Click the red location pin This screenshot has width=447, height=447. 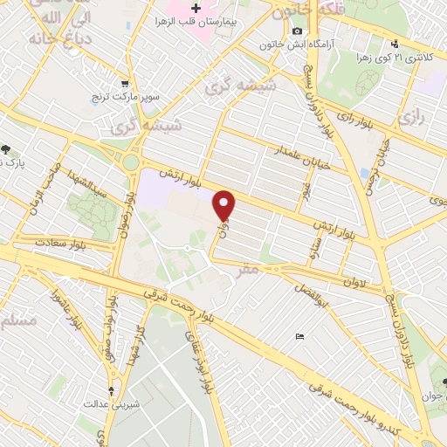pos(226,206)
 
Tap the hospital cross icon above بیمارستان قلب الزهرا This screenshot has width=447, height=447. pos(196,7)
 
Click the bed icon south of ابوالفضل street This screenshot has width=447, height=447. pos(300,334)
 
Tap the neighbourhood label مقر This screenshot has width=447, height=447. pos(247,271)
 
